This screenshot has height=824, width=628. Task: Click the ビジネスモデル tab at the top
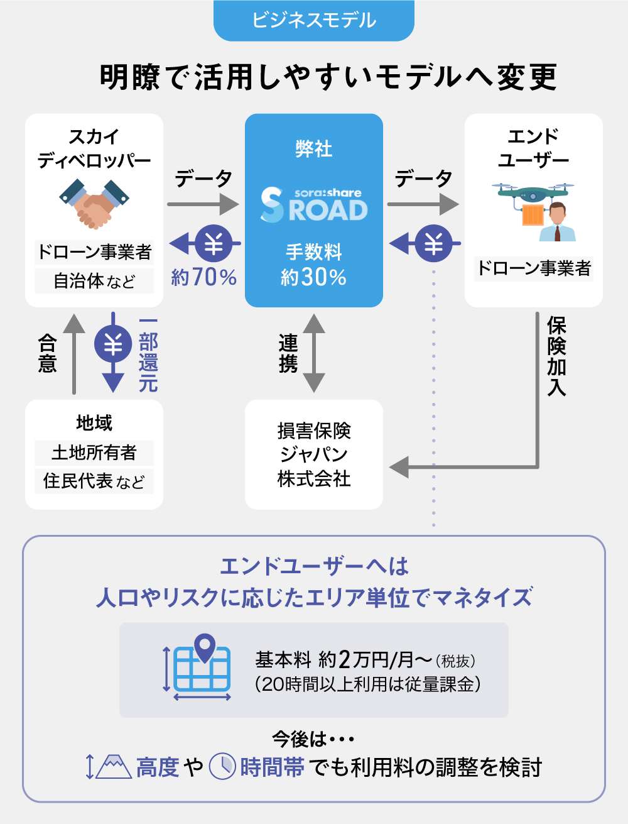coord(313,20)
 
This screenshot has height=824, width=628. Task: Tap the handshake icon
coord(94,202)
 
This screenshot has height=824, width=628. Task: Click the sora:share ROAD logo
coord(313,205)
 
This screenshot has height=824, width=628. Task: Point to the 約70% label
coord(203,277)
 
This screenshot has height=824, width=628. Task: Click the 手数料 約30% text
coord(313,265)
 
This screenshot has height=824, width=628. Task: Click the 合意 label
coord(48,353)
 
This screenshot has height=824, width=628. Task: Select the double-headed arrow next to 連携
coord(313,353)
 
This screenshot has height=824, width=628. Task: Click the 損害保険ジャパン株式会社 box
coord(313,454)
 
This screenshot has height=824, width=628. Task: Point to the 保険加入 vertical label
coord(556,356)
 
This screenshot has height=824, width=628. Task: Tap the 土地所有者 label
coord(94,453)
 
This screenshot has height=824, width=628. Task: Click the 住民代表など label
coord(94,481)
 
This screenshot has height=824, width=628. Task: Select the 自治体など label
coord(94,281)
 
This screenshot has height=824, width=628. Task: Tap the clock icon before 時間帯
coord(222,766)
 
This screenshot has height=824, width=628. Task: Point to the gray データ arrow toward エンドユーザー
coord(423,204)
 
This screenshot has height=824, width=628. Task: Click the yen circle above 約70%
coord(214,243)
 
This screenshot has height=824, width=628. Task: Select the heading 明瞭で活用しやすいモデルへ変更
coord(328,77)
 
